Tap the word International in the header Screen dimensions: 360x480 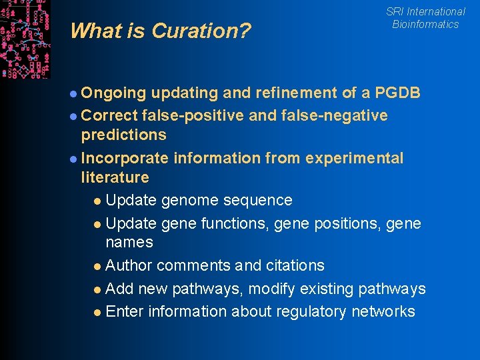436,11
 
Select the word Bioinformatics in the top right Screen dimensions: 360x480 425,24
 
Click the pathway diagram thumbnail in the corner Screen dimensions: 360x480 25,39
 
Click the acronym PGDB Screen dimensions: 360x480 398,93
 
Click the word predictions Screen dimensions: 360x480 123,135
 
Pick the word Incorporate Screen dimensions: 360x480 125,158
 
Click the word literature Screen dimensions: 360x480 115,177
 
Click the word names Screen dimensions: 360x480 129,242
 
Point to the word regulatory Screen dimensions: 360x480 307,311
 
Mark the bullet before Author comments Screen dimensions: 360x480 98,266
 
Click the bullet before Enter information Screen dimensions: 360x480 98,312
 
